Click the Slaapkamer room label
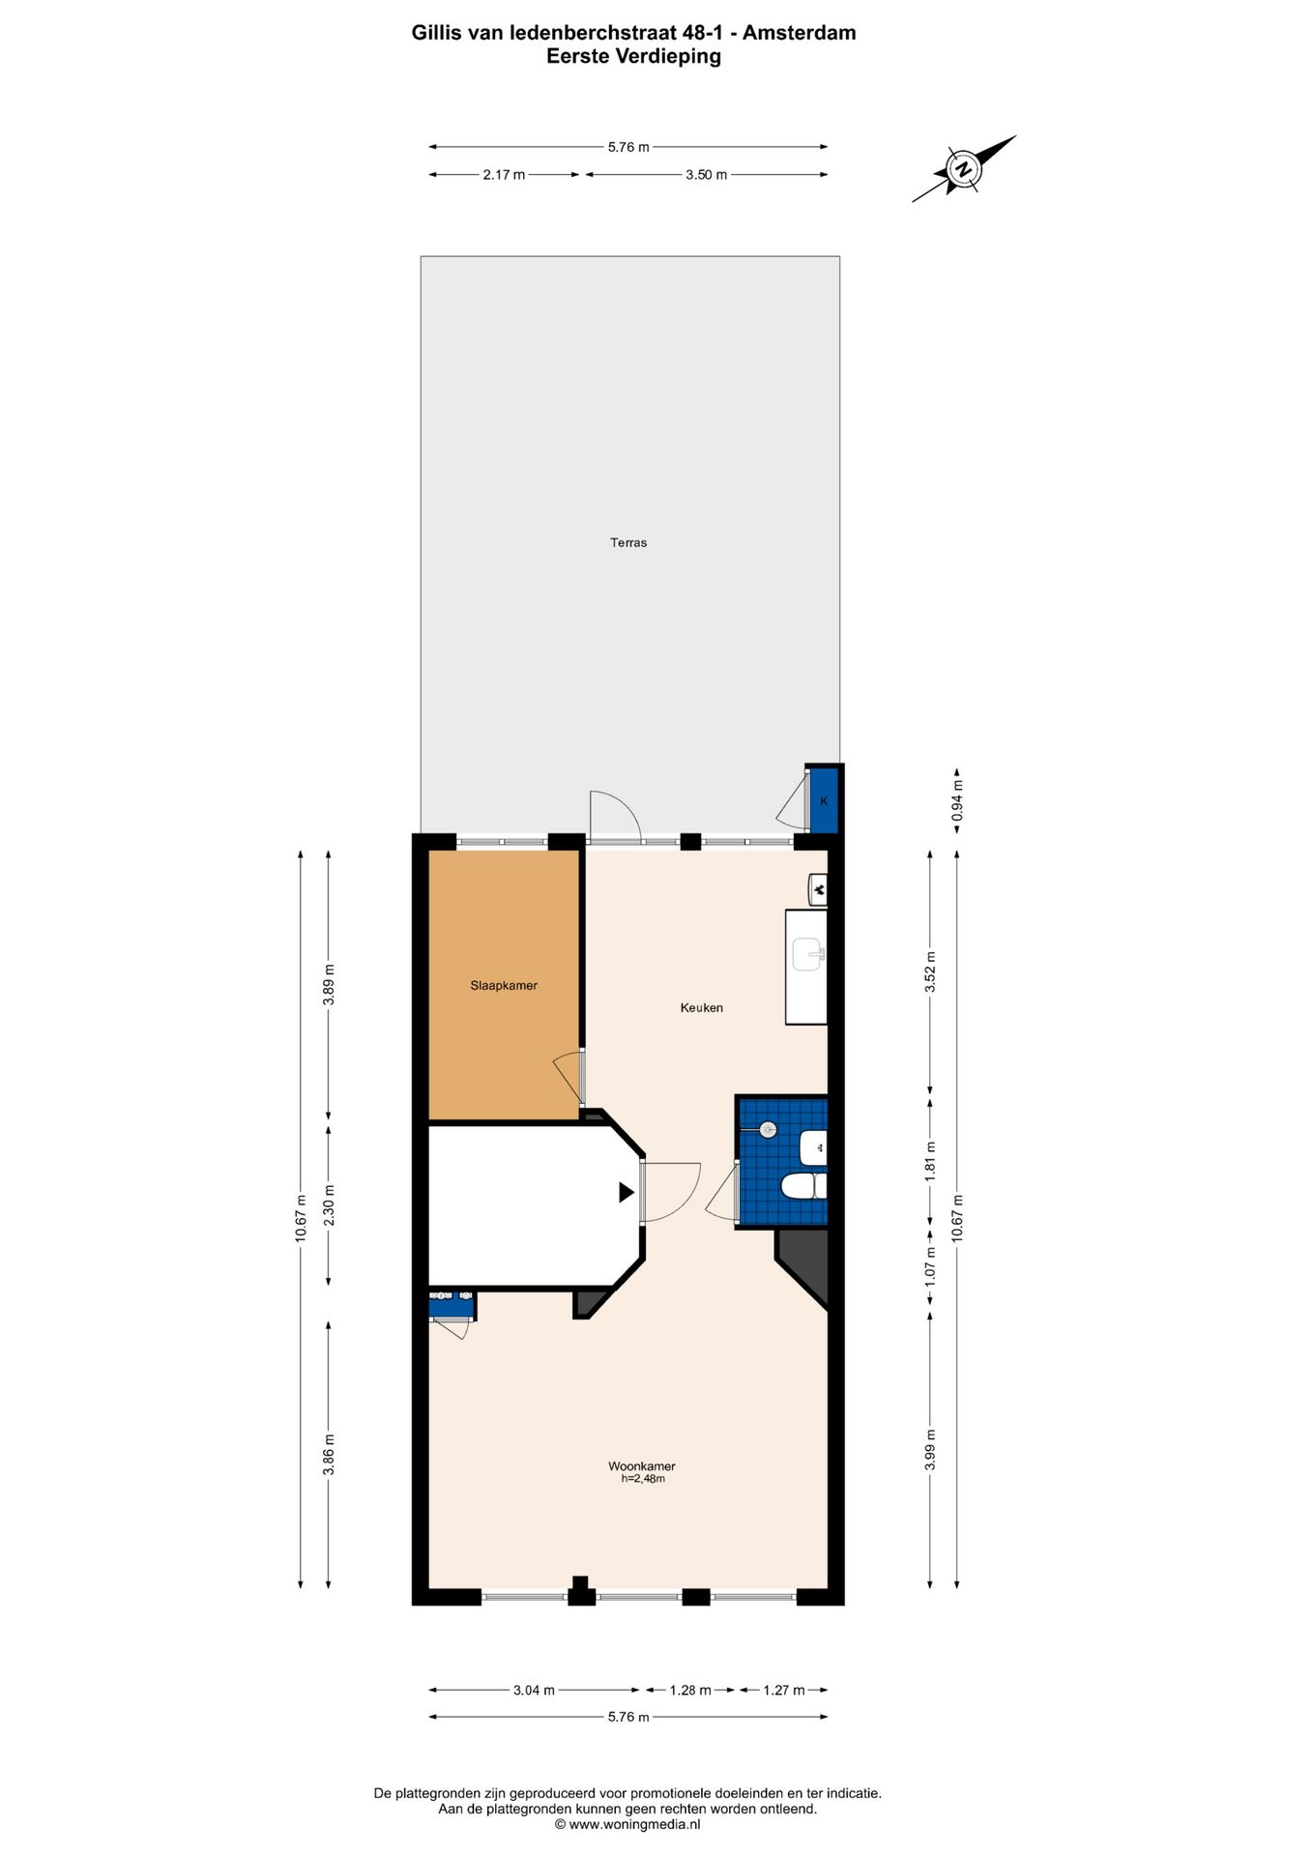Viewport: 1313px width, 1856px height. click(504, 986)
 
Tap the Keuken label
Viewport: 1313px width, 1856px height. click(701, 1007)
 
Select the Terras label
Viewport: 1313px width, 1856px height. click(628, 543)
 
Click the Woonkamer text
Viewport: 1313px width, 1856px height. click(642, 1465)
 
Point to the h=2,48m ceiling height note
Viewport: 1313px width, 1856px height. click(643, 1479)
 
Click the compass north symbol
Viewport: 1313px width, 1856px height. click(963, 169)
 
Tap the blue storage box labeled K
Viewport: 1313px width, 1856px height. click(824, 800)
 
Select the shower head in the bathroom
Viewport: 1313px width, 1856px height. click(768, 1129)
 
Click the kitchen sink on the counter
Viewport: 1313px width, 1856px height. click(806, 955)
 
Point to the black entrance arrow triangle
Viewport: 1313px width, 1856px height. click(627, 1193)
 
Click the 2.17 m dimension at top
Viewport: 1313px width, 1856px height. click(504, 175)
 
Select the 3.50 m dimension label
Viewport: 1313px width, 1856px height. click(706, 175)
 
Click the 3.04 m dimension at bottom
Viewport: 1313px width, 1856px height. click(534, 1690)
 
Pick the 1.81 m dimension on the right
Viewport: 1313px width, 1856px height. click(930, 1160)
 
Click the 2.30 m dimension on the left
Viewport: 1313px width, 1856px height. click(329, 1205)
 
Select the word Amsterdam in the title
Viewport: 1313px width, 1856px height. click(799, 33)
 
